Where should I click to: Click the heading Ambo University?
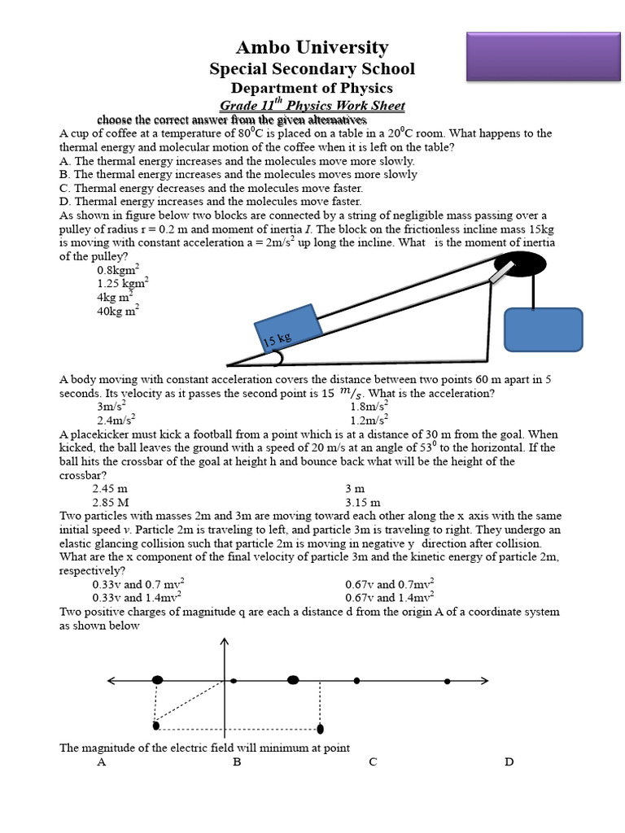click(312, 48)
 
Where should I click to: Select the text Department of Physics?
click(312, 89)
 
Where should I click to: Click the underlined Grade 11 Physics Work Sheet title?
click(312, 106)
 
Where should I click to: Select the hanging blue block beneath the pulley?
click(543, 329)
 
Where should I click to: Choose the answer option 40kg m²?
click(118, 310)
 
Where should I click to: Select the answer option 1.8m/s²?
click(369, 406)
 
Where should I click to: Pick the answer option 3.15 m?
click(362, 502)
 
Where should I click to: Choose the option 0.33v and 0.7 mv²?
click(138, 584)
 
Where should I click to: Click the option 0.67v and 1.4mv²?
click(389, 597)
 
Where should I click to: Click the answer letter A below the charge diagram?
click(102, 762)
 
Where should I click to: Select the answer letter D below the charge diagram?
click(509, 762)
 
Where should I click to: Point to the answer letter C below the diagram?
click(373, 762)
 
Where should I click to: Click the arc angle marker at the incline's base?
click(278, 357)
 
